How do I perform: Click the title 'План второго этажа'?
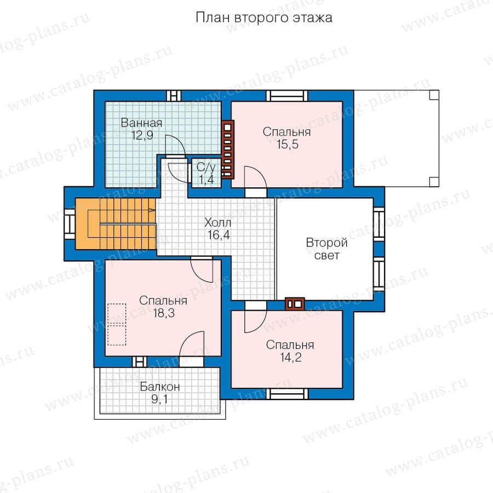pyautogui.click(x=264, y=18)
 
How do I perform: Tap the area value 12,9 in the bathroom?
pyautogui.click(x=142, y=135)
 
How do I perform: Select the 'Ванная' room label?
pyautogui.click(x=141, y=123)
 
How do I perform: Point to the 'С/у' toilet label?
pyautogui.click(x=206, y=167)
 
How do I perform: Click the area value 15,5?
pyautogui.click(x=288, y=144)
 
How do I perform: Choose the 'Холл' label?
pyautogui.click(x=217, y=222)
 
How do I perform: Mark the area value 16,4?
pyautogui.click(x=219, y=235)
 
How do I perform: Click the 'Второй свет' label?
pyautogui.click(x=326, y=249)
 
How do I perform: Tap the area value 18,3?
pyautogui.click(x=164, y=313)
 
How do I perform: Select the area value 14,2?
pyautogui.click(x=290, y=358)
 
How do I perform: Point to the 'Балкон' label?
pyautogui.click(x=160, y=386)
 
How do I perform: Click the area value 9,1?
pyautogui.click(x=159, y=399)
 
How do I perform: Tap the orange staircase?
pyautogui.click(x=116, y=223)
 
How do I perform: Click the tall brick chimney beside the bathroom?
pyautogui.click(x=228, y=150)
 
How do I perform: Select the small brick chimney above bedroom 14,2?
pyautogui.click(x=295, y=304)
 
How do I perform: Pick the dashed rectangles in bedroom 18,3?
pyautogui.click(x=117, y=324)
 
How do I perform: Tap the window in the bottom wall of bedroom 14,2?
pyautogui.click(x=288, y=394)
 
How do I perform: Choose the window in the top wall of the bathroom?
pyautogui.click(x=174, y=95)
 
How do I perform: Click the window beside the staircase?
pyautogui.click(x=70, y=224)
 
